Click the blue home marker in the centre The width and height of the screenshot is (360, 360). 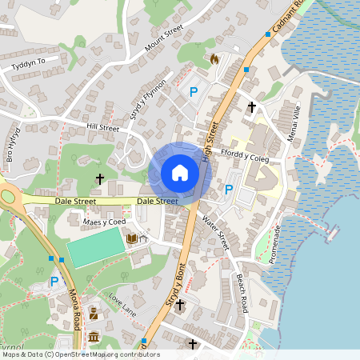tap(180, 173)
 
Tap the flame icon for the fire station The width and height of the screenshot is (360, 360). tap(214, 58)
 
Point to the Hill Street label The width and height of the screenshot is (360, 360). tap(102, 127)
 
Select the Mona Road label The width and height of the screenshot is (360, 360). tap(77, 303)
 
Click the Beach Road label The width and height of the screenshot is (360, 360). tap(242, 294)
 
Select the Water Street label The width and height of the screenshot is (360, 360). tap(216, 232)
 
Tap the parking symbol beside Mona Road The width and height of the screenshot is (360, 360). tap(54, 281)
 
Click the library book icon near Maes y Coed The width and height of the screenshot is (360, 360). tap(131, 238)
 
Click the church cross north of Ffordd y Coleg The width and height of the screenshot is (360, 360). tap(252, 106)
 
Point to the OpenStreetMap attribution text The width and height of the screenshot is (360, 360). tap(80, 354)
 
